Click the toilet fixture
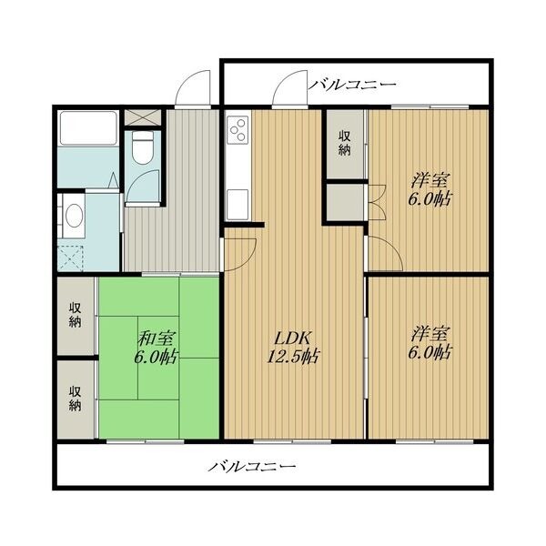[143, 147]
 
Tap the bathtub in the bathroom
[88, 127]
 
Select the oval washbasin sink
[74, 216]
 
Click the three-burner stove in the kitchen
[238, 129]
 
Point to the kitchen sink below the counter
[238, 204]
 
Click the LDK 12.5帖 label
[293, 347]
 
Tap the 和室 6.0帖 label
[156, 347]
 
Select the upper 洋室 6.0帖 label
[430, 190]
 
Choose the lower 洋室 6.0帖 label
[430, 343]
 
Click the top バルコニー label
[352, 85]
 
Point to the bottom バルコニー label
[252, 466]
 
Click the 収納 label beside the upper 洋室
[345, 143]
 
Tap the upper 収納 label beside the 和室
[75, 315]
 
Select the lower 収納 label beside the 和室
[75, 398]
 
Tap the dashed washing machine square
[71, 258]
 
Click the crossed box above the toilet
[143, 117]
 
